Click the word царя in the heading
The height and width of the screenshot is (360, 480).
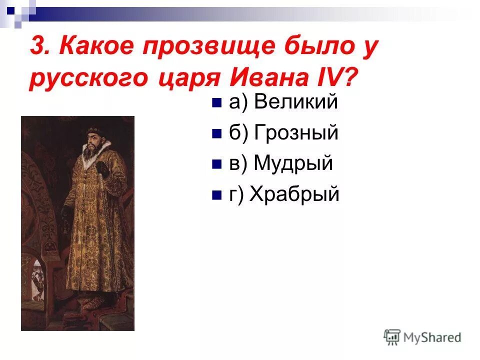click(x=184, y=79)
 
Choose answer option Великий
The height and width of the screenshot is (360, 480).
click(x=296, y=102)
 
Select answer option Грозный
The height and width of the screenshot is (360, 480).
click(x=296, y=133)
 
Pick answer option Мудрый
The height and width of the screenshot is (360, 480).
click(x=293, y=163)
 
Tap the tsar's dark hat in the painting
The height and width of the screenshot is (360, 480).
click(x=93, y=131)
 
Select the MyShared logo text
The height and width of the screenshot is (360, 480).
click(x=433, y=337)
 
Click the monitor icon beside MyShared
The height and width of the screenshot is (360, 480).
click(x=392, y=337)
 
